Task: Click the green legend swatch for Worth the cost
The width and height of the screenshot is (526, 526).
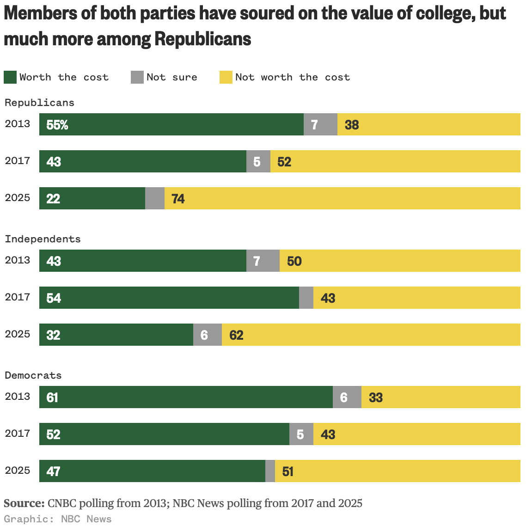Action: pyautogui.click(x=10, y=77)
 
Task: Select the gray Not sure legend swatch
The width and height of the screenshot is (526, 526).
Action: pyautogui.click(x=137, y=77)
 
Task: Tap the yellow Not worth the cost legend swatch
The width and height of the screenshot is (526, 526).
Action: pyautogui.click(x=226, y=77)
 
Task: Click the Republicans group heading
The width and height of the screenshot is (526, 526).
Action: pyautogui.click(x=39, y=103)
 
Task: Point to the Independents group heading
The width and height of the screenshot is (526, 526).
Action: pyautogui.click(x=43, y=239)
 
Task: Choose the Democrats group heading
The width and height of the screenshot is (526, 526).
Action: pyautogui.click(x=33, y=375)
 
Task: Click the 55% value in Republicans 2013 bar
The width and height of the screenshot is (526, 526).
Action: pyautogui.click(x=57, y=125)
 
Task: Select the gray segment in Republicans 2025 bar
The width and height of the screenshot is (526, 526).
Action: pyautogui.click(x=155, y=198)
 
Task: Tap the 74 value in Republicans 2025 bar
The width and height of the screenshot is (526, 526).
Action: pyautogui.click(x=178, y=199)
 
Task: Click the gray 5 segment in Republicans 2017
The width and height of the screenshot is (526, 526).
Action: pyautogui.click(x=258, y=161)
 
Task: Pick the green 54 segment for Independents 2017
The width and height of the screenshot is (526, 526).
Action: pyautogui.click(x=169, y=298)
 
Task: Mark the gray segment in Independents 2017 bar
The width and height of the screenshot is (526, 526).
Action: pyautogui.click(x=306, y=298)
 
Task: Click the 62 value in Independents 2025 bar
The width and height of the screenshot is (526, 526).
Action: pyautogui.click(x=236, y=335)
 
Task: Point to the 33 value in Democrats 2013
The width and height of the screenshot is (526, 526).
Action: pyautogui.click(x=376, y=398)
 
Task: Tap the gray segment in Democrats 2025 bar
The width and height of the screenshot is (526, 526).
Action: pyautogui.click(x=270, y=471)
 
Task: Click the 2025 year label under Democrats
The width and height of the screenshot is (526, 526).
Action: pyautogui.click(x=18, y=471)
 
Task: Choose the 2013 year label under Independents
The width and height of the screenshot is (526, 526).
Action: pyautogui.click(x=18, y=260)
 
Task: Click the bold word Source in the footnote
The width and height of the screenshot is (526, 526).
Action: pyautogui.click(x=24, y=503)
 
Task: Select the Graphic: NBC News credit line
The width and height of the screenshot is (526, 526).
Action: pyautogui.click(x=58, y=519)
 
